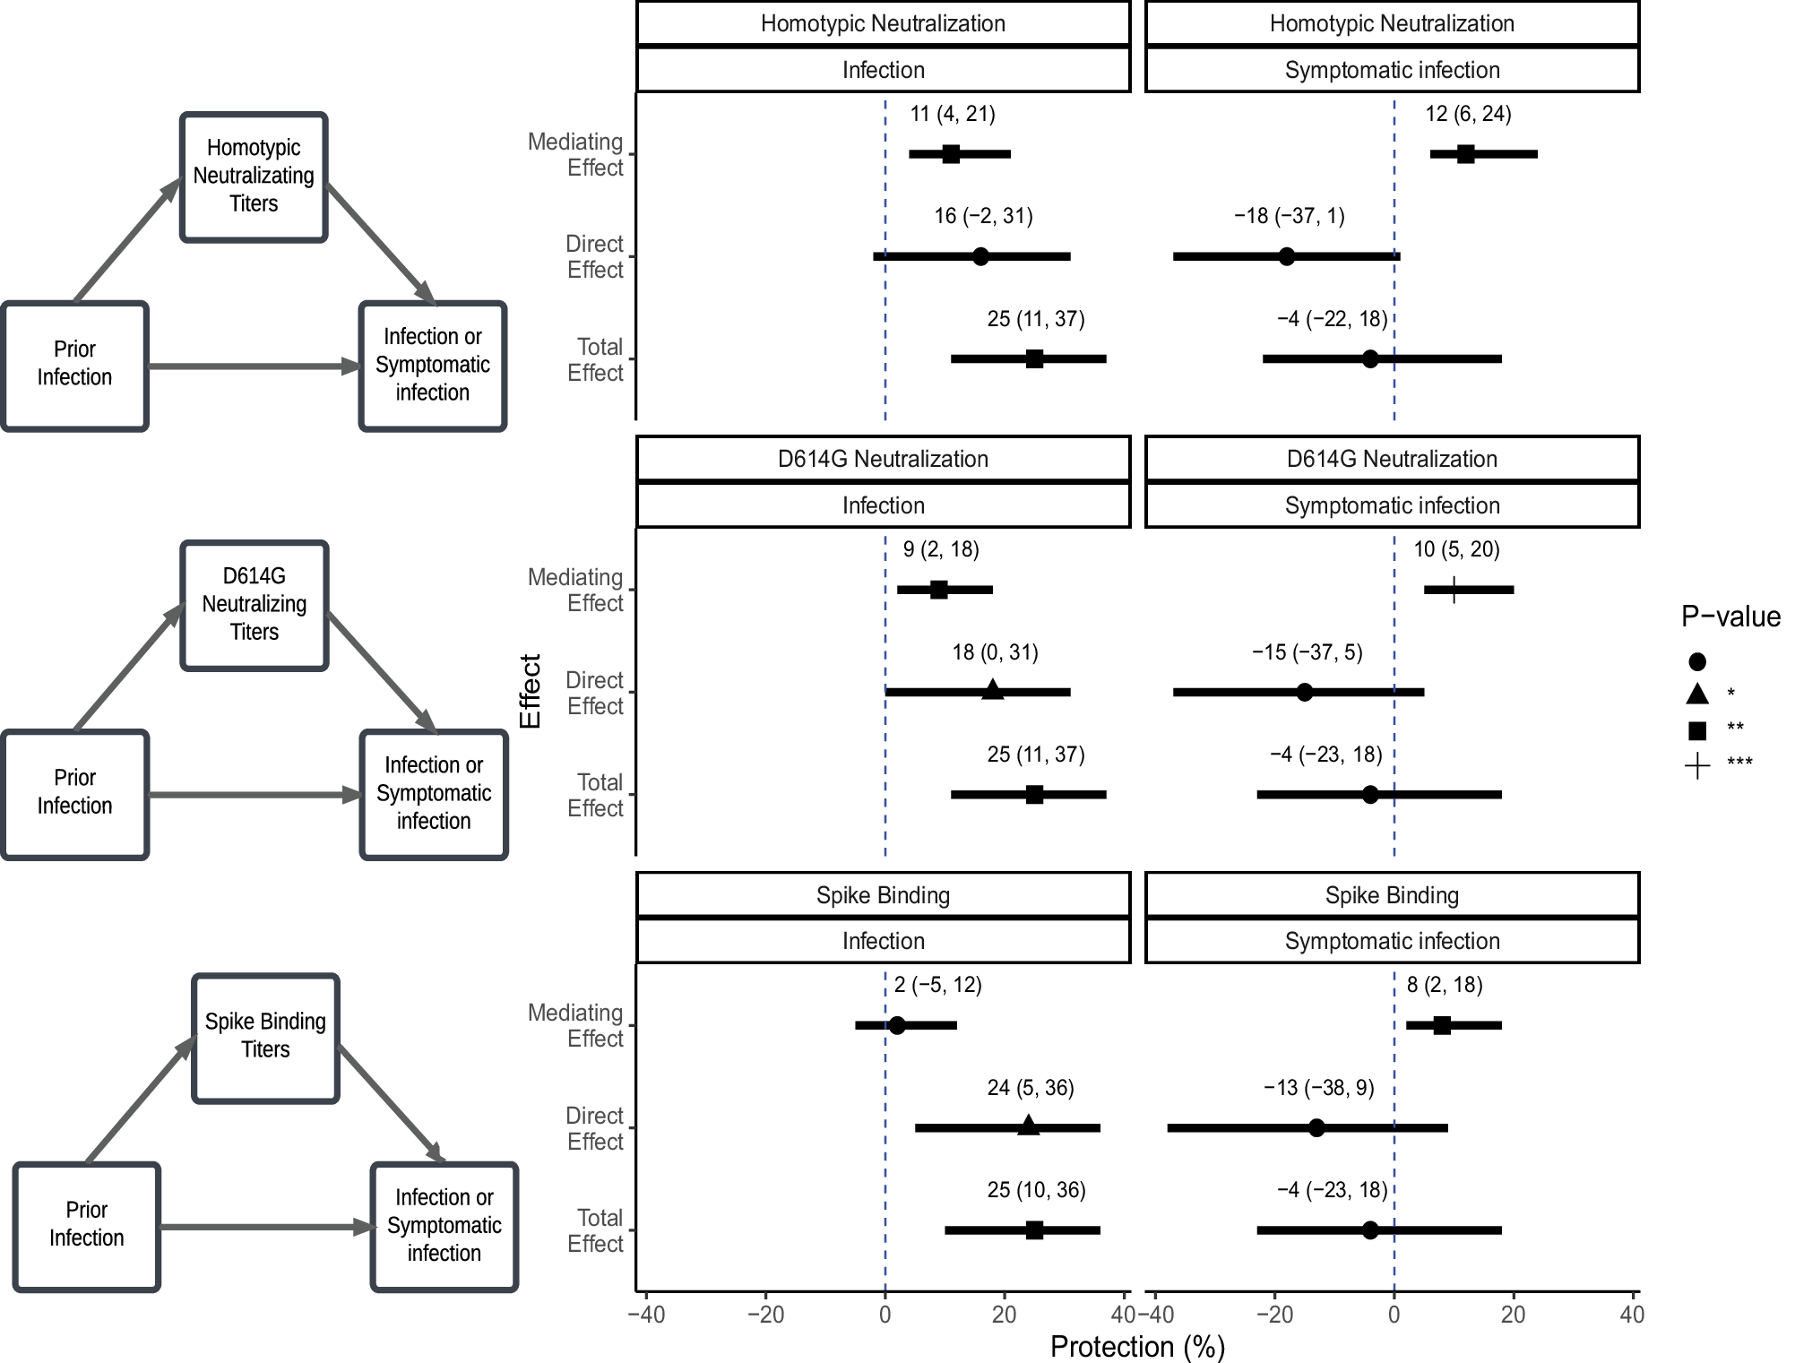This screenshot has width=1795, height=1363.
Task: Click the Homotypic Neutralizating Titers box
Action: coord(254,177)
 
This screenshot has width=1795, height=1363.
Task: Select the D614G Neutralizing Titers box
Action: coord(255,605)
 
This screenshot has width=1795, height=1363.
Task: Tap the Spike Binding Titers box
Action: coord(265,1037)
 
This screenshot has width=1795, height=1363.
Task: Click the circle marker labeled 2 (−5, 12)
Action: coord(897,1025)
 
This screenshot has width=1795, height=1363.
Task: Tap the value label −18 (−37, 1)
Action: coord(1289,216)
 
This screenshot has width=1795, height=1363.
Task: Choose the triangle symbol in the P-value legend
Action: coord(1696,694)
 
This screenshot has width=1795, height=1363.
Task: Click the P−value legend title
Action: coord(1730,617)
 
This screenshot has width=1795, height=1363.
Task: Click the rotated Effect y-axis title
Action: coord(530,691)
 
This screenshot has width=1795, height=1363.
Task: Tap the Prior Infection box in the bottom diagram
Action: coord(87,1225)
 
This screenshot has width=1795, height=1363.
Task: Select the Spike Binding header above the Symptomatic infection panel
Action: coord(1392,895)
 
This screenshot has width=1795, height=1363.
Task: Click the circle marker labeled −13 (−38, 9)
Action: coord(1316,1127)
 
